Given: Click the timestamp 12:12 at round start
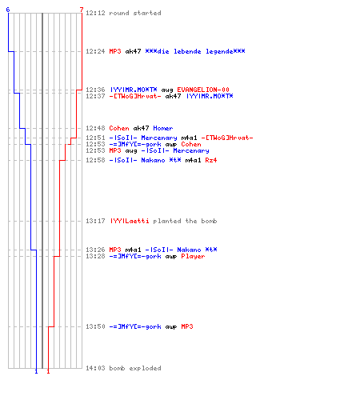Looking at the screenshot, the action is [x=95, y=13].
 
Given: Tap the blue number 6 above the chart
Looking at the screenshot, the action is [x=8, y=10].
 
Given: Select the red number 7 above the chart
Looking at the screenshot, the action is [x=82, y=10].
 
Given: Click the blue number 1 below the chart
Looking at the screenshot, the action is [x=36, y=371].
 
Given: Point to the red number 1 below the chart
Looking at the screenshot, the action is [x=48, y=371].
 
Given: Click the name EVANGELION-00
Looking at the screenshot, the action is [x=203, y=90].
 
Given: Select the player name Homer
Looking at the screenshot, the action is [x=163, y=128].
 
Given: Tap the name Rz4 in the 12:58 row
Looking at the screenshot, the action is [x=211, y=160].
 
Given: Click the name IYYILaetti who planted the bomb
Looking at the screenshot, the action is [x=130, y=221].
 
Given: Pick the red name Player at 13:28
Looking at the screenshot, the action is [x=193, y=256].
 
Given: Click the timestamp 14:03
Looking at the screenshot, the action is [x=95, y=368].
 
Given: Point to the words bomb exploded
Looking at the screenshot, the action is [x=135, y=368].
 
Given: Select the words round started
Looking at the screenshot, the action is [x=135, y=13].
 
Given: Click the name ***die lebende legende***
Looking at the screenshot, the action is [x=195, y=51].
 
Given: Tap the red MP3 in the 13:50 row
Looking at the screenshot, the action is [x=187, y=326].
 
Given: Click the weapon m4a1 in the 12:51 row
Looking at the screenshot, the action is [x=189, y=138].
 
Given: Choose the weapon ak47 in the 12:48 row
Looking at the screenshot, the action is [x=141, y=128].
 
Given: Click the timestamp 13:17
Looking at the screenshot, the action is [x=95, y=221].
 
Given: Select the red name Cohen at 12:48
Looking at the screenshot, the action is [x=119, y=128].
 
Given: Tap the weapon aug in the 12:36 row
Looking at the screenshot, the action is [x=167, y=90].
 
